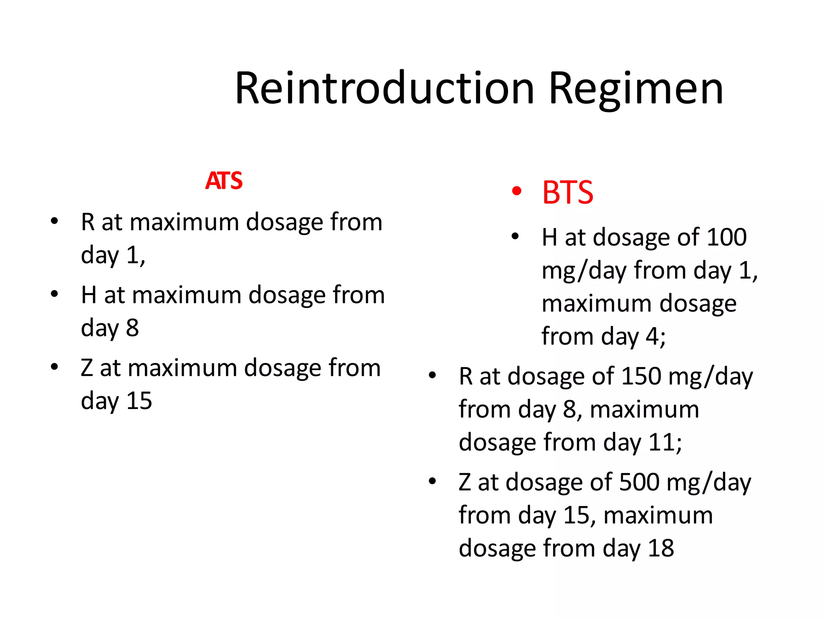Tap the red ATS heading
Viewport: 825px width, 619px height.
point(224,181)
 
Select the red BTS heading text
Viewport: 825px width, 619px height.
point(568,193)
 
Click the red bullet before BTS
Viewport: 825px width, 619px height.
point(516,191)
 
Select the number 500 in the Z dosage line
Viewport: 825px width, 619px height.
point(639,482)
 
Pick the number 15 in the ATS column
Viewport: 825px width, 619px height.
point(139,401)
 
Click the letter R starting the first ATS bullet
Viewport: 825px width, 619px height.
point(88,222)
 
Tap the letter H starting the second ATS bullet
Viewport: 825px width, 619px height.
point(89,295)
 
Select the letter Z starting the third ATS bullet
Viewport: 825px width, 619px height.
point(87,368)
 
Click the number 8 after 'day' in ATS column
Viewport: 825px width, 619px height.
point(132,328)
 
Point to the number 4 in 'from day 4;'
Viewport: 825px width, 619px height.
point(652,337)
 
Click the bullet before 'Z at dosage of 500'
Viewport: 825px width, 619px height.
point(432,481)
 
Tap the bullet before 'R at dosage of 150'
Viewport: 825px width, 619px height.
point(432,375)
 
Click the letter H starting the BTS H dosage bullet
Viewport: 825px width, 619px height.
point(549,237)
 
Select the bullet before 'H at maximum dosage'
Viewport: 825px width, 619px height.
point(54,294)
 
